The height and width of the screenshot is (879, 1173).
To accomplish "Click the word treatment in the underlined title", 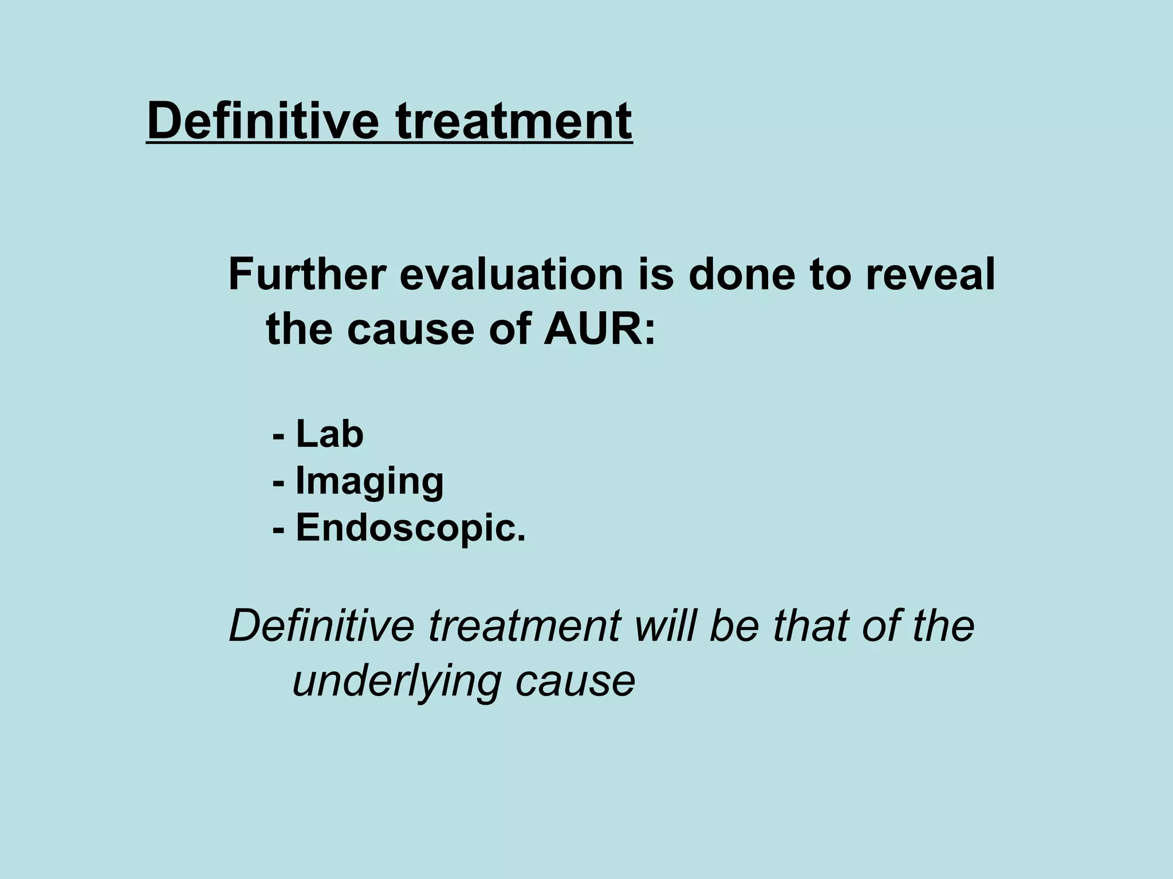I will click(514, 121).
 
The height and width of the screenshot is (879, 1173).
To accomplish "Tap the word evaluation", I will click(510, 275).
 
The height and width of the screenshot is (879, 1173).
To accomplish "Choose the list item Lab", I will click(329, 434).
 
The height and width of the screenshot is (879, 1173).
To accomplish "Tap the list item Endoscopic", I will click(410, 527).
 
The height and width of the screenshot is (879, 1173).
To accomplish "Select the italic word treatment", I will click(523, 625).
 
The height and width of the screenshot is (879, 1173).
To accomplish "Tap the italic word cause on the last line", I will click(575, 682).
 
